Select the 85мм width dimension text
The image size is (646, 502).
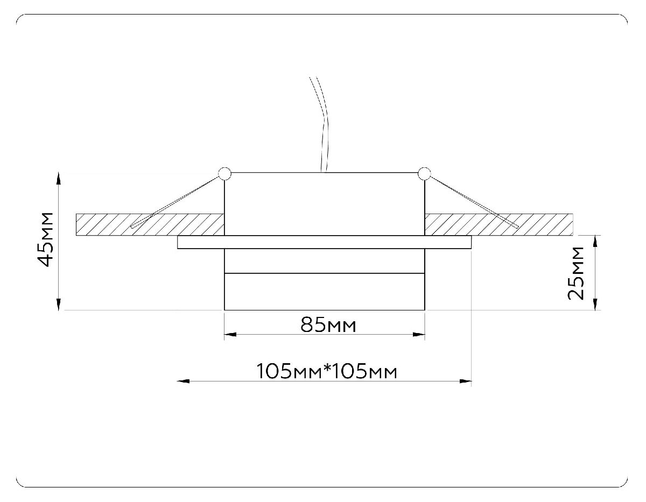tap(328, 325)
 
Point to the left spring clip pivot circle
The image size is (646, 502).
tap(224, 173)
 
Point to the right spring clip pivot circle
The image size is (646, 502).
tap(424, 173)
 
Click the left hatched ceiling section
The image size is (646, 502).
tap(108, 225)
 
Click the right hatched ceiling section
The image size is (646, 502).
tap(544, 225)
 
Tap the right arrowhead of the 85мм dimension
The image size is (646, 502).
tap(419, 335)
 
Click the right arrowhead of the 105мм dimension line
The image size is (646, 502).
tap(466, 381)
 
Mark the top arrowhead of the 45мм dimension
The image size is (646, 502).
tap(59, 179)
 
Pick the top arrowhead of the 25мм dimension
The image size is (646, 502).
tap(595, 241)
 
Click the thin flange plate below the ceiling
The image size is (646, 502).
tap(325, 242)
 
